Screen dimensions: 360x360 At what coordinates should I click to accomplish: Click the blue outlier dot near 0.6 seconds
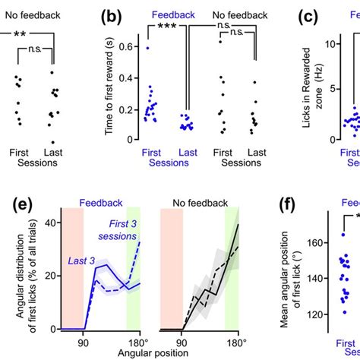click(149, 48)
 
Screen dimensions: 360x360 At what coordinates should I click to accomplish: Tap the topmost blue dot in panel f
click(343, 235)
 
